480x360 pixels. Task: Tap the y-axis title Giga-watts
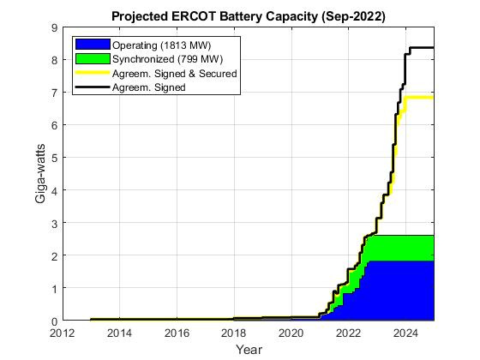tap(40, 175)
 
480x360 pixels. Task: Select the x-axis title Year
tap(249, 349)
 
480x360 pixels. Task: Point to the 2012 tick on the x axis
tap(63, 333)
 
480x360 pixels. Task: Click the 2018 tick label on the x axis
tap(234, 333)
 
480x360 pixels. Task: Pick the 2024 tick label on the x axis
tap(405, 333)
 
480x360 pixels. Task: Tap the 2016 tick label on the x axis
tap(177, 333)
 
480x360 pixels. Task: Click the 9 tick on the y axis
tap(54, 28)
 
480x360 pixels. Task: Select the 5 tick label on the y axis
tap(54, 158)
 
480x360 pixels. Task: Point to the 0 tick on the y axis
tap(54, 321)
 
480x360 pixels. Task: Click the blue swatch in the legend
tap(93, 44)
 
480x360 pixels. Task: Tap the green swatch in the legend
tap(93, 58)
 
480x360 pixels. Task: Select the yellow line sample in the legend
tap(93, 73)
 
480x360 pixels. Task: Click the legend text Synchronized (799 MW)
tap(163, 58)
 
